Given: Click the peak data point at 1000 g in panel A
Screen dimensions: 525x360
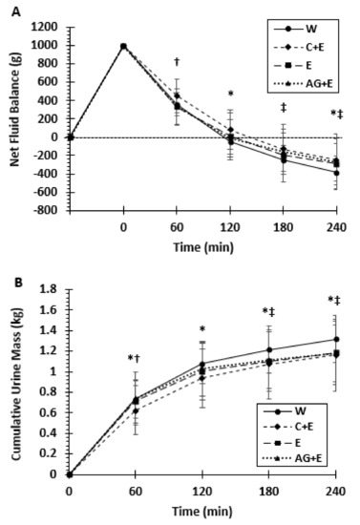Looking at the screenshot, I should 123,46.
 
